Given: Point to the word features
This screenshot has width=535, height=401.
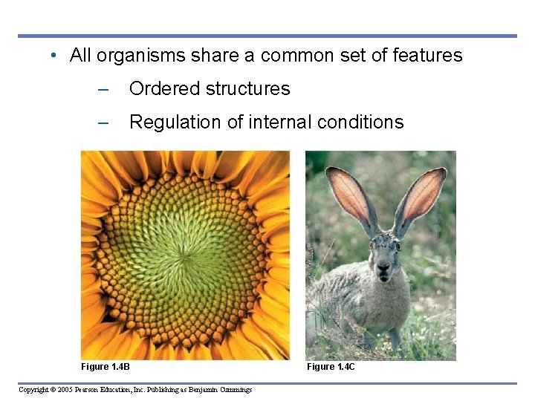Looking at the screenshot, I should coord(429,55).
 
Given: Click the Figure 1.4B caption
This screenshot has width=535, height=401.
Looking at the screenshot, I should coord(106,367).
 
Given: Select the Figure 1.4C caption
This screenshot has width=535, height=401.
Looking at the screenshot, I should coord(331,367).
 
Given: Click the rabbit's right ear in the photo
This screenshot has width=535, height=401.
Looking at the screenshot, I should coord(421,195).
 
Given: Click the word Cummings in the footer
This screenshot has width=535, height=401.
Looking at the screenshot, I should coord(236,390).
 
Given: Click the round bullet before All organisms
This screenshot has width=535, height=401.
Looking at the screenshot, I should coord(54,56).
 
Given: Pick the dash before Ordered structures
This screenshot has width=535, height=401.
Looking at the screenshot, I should coord(103,89).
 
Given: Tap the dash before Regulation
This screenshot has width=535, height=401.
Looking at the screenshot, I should coord(103,123).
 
